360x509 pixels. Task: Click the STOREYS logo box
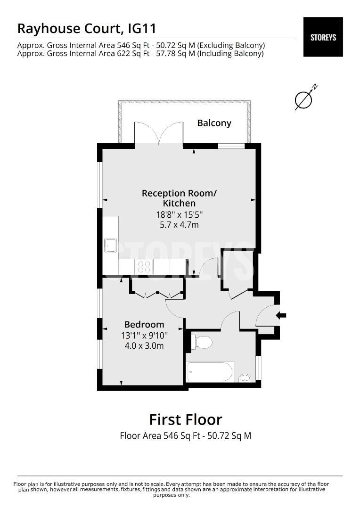tap(323, 37)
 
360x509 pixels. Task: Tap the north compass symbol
tap(304, 99)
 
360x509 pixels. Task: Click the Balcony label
tap(214, 123)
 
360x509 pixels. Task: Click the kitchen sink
tap(111, 246)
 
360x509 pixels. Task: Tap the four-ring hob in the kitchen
tap(144, 267)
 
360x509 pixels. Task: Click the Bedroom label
tap(144, 324)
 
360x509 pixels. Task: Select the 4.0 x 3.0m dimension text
tap(144, 346)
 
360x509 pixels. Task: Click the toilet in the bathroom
tap(202, 342)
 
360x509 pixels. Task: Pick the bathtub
tap(210, 372)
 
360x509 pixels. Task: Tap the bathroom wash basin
tap(245, 377)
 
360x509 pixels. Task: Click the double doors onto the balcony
tap(158, 132)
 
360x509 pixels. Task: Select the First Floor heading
tap(185, 419)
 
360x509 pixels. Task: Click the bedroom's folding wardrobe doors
tap(157, 294)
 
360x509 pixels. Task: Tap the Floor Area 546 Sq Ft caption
tap(185, 436)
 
